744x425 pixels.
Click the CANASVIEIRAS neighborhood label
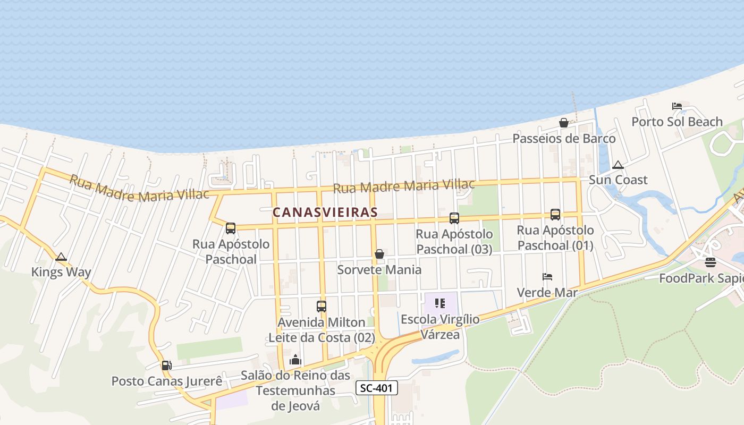tap(325, 212)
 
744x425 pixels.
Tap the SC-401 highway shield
tap(376, 388)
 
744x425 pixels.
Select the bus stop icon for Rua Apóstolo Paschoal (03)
tap(454, 218)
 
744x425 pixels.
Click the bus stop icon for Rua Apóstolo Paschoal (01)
tap(555, 214)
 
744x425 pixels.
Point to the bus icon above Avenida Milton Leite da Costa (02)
tap(321, 306)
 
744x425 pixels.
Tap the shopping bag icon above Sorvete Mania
tap(379, 254)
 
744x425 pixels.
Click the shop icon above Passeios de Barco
tap(563, 123)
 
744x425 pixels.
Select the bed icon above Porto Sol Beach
tap(677, 106)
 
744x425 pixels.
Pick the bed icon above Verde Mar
tap(547, 277)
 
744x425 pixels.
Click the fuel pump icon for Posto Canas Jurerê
tap(166, 365)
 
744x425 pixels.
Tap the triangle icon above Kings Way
tap(61, 257)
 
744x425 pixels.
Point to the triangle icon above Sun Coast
tap(618, 165)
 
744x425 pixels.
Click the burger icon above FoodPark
tap(710, 262)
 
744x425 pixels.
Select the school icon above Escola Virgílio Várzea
tap(439, 303)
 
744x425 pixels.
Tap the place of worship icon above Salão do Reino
tap(295, 360)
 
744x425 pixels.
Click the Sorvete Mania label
tap(379, 269)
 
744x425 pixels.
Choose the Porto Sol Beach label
tap(677, 122)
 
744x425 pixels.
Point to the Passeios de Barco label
tap(564, 138)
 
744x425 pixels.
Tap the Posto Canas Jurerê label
tap(166, 381)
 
